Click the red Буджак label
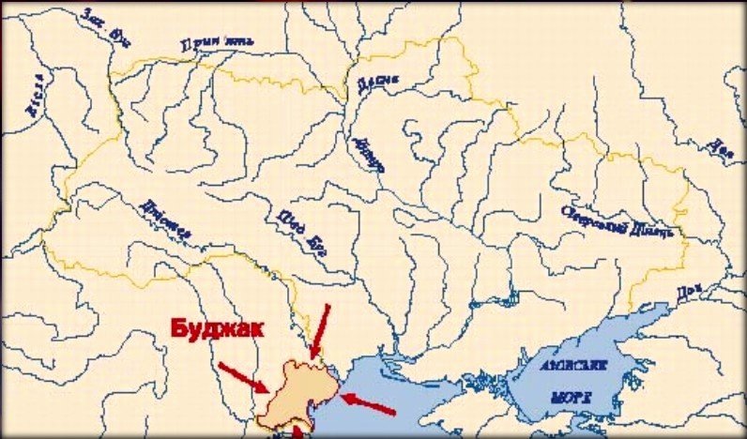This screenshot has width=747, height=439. (214, 329)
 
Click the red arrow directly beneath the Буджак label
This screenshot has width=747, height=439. (244, 376)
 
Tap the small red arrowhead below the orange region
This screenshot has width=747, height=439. (298, 432)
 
